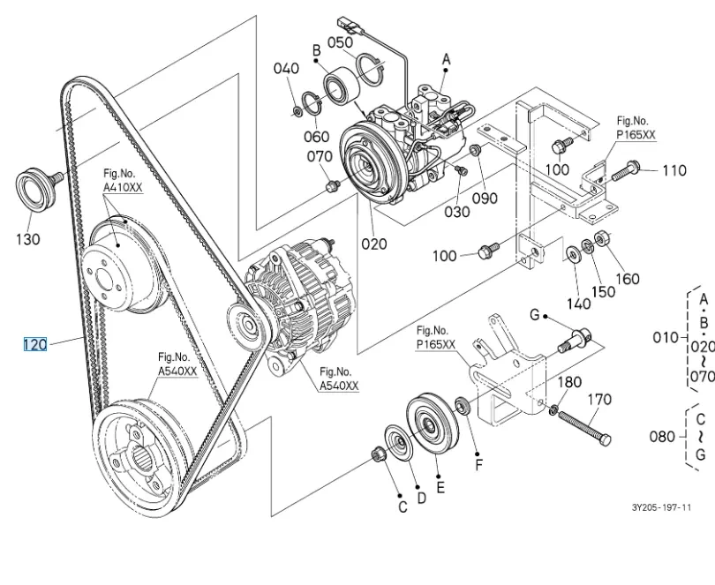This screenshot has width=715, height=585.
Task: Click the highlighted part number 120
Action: (35, 344)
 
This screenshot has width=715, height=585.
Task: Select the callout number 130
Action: (28, 239)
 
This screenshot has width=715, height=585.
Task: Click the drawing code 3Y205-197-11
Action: (661, 507)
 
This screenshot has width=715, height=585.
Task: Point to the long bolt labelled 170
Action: (584, 428)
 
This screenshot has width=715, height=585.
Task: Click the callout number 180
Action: (569, 382)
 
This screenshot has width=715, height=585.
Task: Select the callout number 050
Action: (340, 42)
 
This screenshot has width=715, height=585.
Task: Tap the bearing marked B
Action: (342, 86)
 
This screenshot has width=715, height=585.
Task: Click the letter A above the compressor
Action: (446, 59)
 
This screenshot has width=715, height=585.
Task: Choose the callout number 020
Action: (374, 244)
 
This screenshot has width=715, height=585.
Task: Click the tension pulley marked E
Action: (432, 424)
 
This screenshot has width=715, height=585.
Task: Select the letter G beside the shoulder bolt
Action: (535, 315)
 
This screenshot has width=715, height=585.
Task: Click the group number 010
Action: (666, 337)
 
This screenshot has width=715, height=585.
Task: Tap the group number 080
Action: (662, 437)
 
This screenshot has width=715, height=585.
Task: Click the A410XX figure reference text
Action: (123, 187)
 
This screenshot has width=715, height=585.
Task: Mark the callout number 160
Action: (628, 279)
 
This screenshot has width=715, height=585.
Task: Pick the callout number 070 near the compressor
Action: (320, 156)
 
